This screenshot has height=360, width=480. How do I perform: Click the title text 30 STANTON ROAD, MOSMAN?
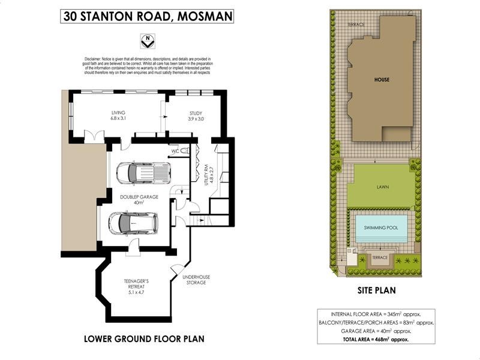[147, 16]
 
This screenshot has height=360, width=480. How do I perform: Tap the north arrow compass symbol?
[146, 41]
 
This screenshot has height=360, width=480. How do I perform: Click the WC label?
[175, 151]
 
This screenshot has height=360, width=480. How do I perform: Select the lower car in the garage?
[133, 223]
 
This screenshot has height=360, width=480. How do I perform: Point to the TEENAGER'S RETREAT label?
[136, 284]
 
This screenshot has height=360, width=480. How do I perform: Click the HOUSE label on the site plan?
[382, 79]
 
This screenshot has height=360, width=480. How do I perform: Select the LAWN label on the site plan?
[383, 187]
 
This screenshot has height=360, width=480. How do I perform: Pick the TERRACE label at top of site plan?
[356, 25]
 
